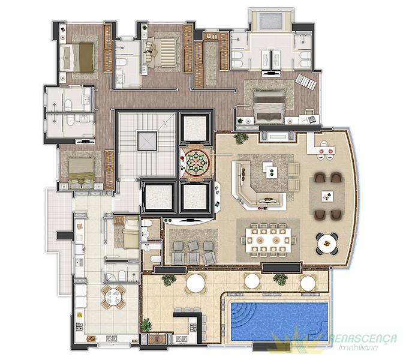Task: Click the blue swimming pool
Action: point(279,322)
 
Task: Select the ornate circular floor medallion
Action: point(197,163)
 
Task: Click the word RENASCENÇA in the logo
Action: point(363,338)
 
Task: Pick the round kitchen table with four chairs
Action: point(113,297)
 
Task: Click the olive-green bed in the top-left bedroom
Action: point(77,58)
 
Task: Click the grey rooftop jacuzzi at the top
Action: point(270,21)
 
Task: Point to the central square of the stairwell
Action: point(147,141)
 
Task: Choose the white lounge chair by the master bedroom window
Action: point(306,82)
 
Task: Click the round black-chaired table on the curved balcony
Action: point(327,243)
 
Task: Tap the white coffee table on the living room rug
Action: point(270,170)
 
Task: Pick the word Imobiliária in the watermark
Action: point(359,347)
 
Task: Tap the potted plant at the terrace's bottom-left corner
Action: point(146,325)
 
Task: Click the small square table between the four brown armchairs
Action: point(327,197)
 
